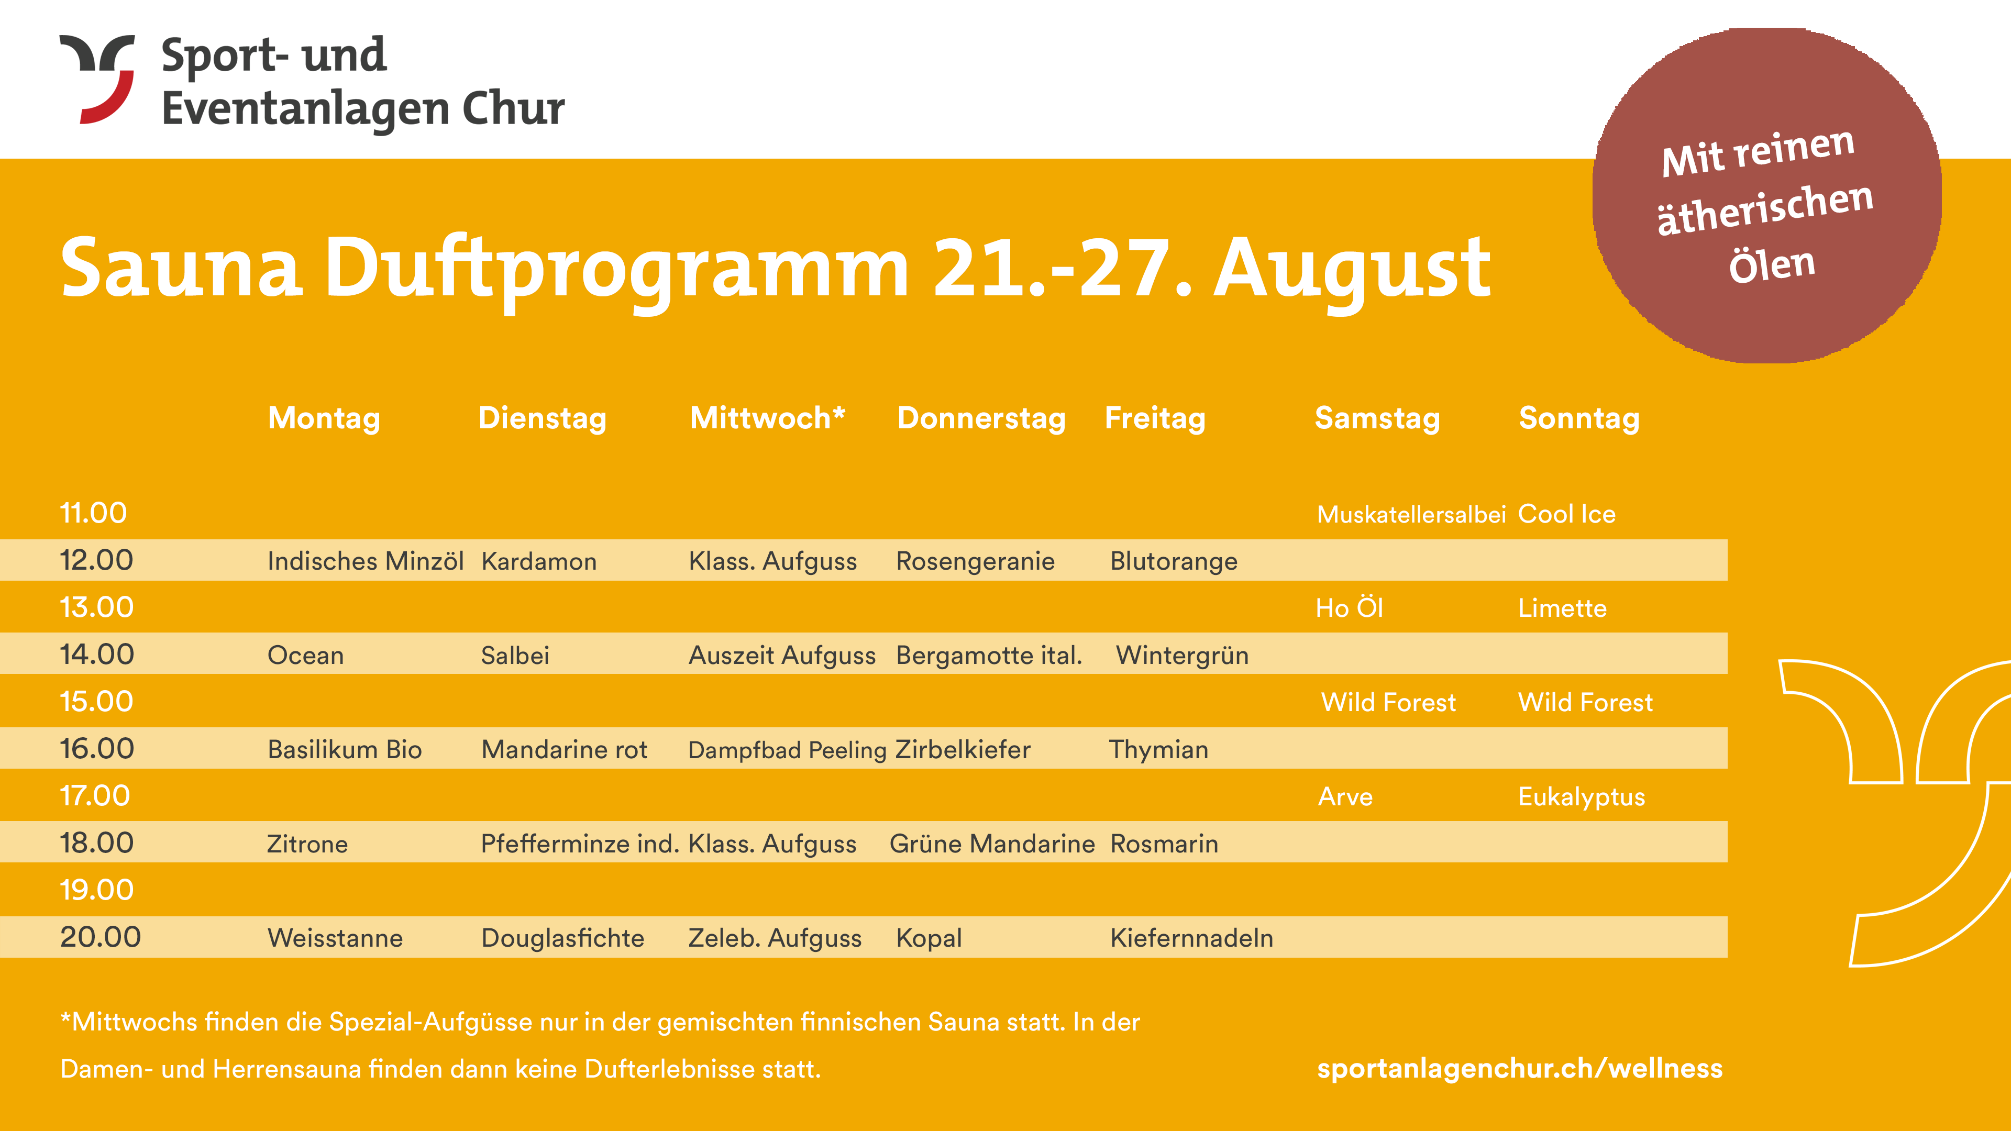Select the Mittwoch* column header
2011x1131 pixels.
pyautogui.click(x=767, y=418)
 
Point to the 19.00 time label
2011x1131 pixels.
pyautogui.click(x=97, y=890)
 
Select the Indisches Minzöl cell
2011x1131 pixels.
pyautogui.click(x=366, y=561)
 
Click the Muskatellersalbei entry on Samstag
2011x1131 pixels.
pyautogui.click(x=1411, y=514)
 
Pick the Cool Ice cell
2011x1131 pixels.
pyautogui.click(x=1566, y=514)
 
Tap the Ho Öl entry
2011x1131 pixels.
pyautogui.click(x=1349, y=607)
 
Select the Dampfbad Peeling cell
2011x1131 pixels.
pyautogui.click(x=787, y=750)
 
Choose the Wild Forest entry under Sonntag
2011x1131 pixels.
pyautogui.click(x=1585, y=703)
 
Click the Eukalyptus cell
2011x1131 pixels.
pyautogui.click(x=1581, y=797)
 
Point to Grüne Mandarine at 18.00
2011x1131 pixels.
pyautogui.click(x=992, y=844)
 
